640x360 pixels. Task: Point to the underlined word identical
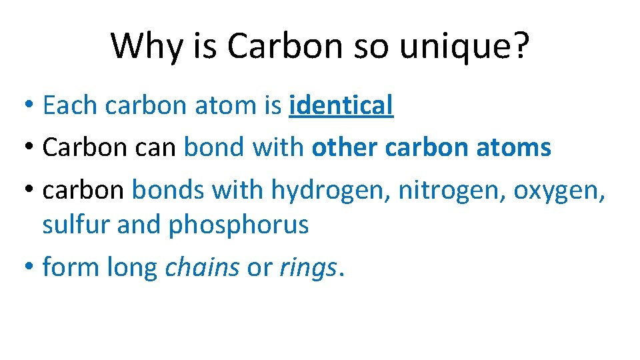341,105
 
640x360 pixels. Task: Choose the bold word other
345,147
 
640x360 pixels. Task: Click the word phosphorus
238,225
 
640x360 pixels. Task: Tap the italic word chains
202,267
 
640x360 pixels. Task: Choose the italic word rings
308,267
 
